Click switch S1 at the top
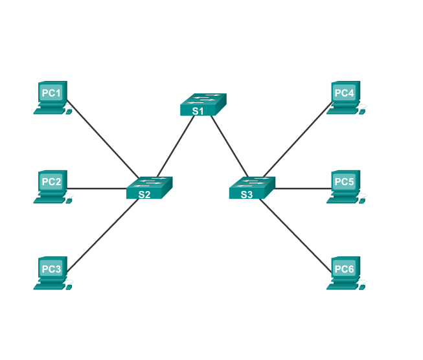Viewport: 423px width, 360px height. [203, 104]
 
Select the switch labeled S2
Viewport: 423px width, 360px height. [149, 187]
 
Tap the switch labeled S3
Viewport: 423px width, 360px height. [251, 187]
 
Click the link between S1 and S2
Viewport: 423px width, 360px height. [175, 147]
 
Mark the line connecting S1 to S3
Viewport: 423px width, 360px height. [227, 147]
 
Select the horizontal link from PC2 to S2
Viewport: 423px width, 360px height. [97, 189]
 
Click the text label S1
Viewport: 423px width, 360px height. [198, 111]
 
